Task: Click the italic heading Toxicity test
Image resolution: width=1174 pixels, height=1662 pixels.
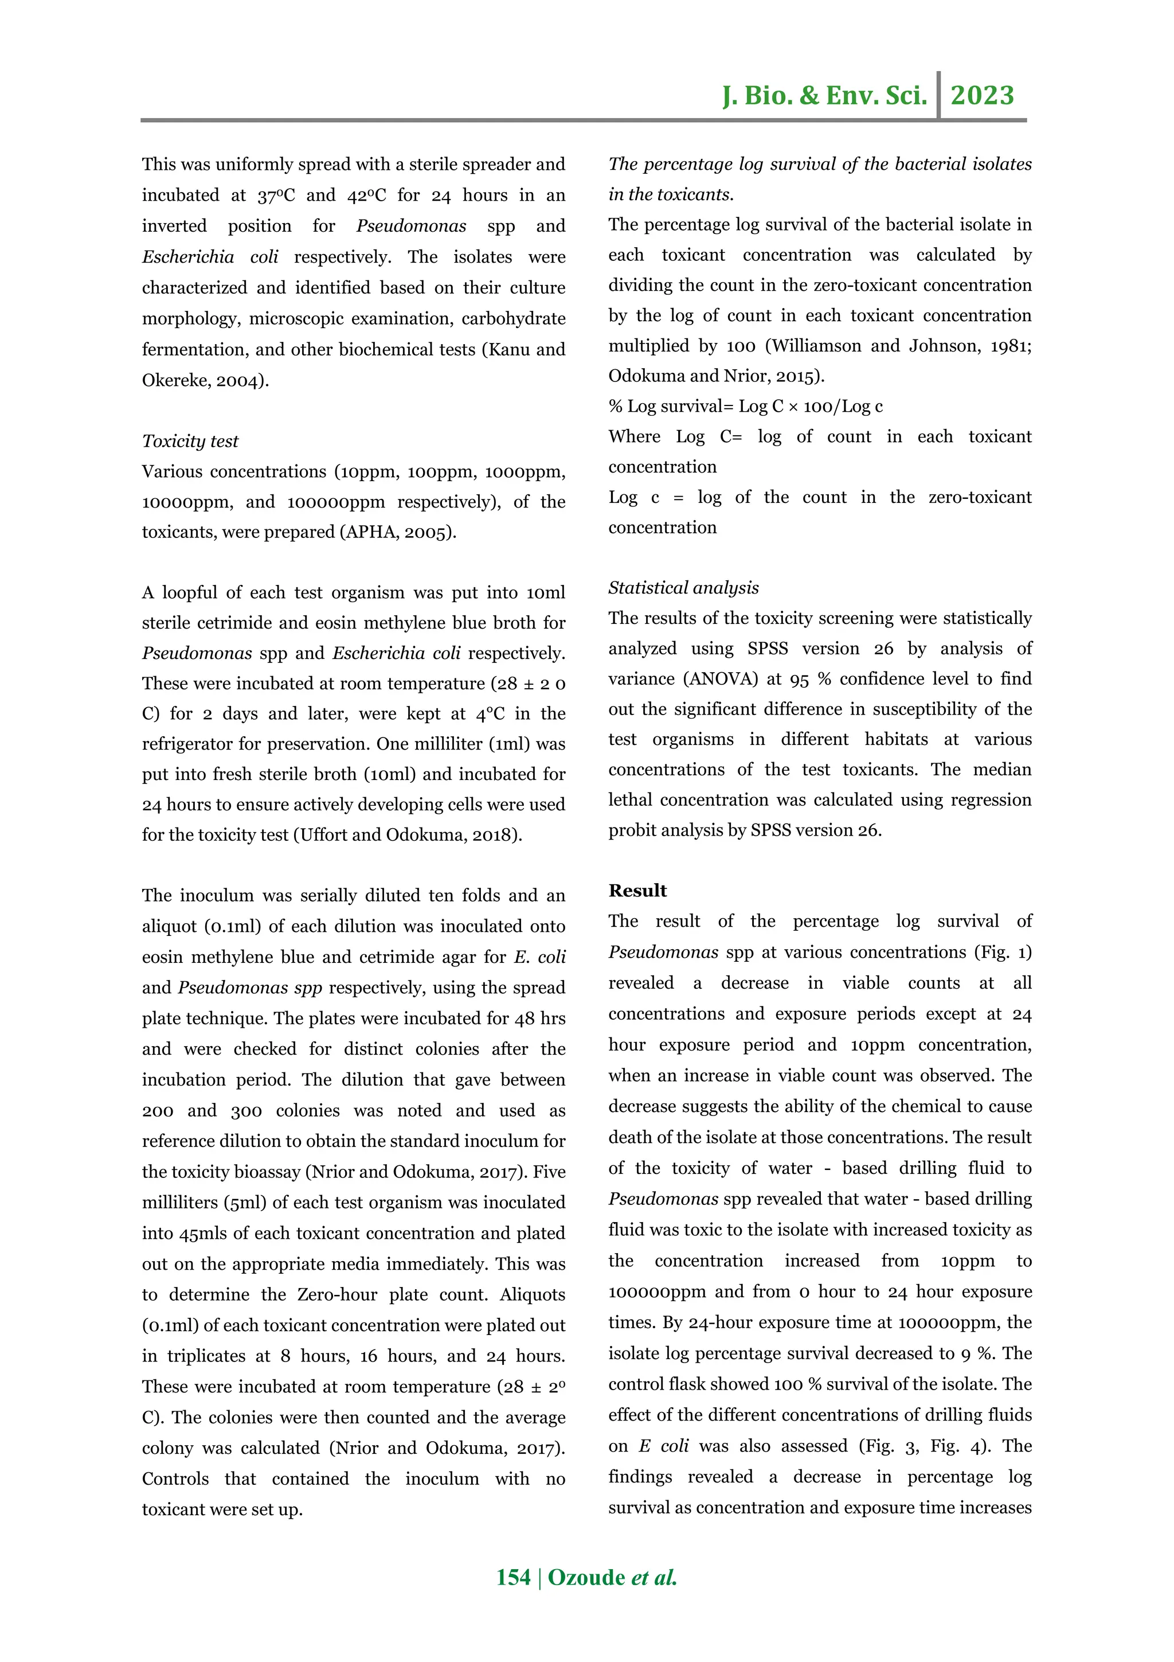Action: click(190, 441)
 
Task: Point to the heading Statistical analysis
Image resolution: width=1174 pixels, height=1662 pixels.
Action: click(683, 587)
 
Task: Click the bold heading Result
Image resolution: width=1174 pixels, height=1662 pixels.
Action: click(637, 890)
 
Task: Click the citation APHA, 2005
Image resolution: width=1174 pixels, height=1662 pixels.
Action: click(398, 532)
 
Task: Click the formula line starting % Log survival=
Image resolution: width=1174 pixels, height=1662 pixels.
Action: click(745, 406)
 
